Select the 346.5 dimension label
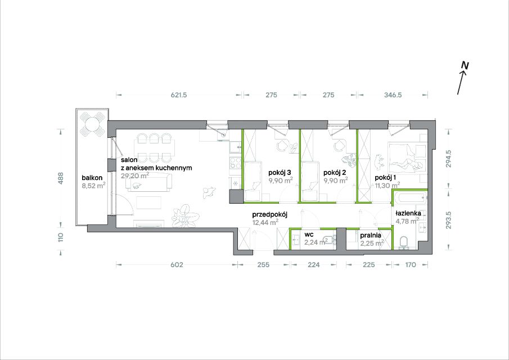393,95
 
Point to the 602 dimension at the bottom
177,265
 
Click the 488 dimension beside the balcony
61,178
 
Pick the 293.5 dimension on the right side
448,220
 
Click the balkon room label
92,178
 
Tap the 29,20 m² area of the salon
135,175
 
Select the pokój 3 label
280,173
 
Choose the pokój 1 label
385,178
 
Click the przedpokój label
270,215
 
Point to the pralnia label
371,236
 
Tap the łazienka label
408,213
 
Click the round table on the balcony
92,123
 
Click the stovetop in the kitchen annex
235,163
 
